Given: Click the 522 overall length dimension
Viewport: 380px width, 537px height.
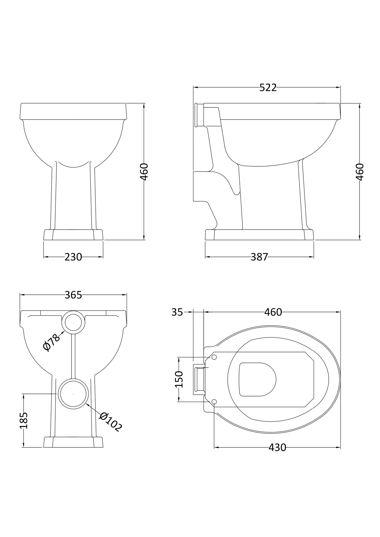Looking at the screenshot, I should point(268,88).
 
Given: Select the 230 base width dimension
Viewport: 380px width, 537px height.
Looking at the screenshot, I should point(73,257).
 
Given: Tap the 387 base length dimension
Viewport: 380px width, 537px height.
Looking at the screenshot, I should point(259,257).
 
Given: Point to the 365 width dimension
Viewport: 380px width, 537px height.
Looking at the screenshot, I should point(73,295).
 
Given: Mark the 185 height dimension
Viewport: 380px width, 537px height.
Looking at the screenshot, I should point(24,420).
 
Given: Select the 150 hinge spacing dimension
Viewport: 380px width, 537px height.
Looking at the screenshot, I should point(179,379).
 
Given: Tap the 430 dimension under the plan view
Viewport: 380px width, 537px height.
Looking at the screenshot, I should point(277,447).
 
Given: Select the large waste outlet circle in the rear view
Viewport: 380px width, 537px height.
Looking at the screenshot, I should point(73,394).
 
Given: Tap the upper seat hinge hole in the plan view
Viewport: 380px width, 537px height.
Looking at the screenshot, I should point(214,357).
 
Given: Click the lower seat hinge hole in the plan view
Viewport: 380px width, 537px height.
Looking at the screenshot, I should point(214,401).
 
